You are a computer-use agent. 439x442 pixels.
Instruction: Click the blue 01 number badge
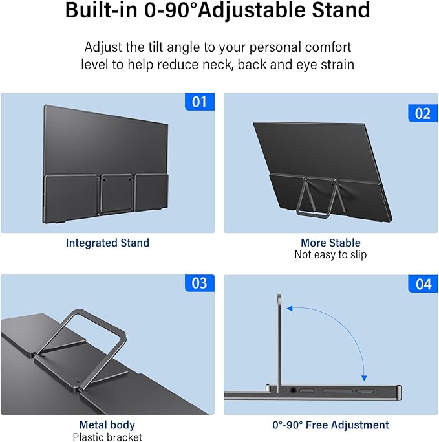(199, 102)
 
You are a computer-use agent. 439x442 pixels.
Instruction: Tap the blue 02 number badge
(422, 113)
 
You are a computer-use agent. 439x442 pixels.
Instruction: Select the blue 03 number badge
(199, 283)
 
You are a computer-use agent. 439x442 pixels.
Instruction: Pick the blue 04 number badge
(422, 284)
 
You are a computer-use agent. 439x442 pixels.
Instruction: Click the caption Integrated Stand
(107, 243)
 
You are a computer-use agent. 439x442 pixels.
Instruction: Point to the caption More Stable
(330, 243)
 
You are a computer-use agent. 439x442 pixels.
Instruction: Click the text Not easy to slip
(330, 255)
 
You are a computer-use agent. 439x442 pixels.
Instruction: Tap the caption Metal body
(107, 425)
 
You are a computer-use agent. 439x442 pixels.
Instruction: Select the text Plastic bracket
(107, 437)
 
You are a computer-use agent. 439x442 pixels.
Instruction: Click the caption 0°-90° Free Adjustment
(330, 425)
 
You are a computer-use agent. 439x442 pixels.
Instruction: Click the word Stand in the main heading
(339, 11)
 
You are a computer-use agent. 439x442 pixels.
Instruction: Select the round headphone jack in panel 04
(295, 390)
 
